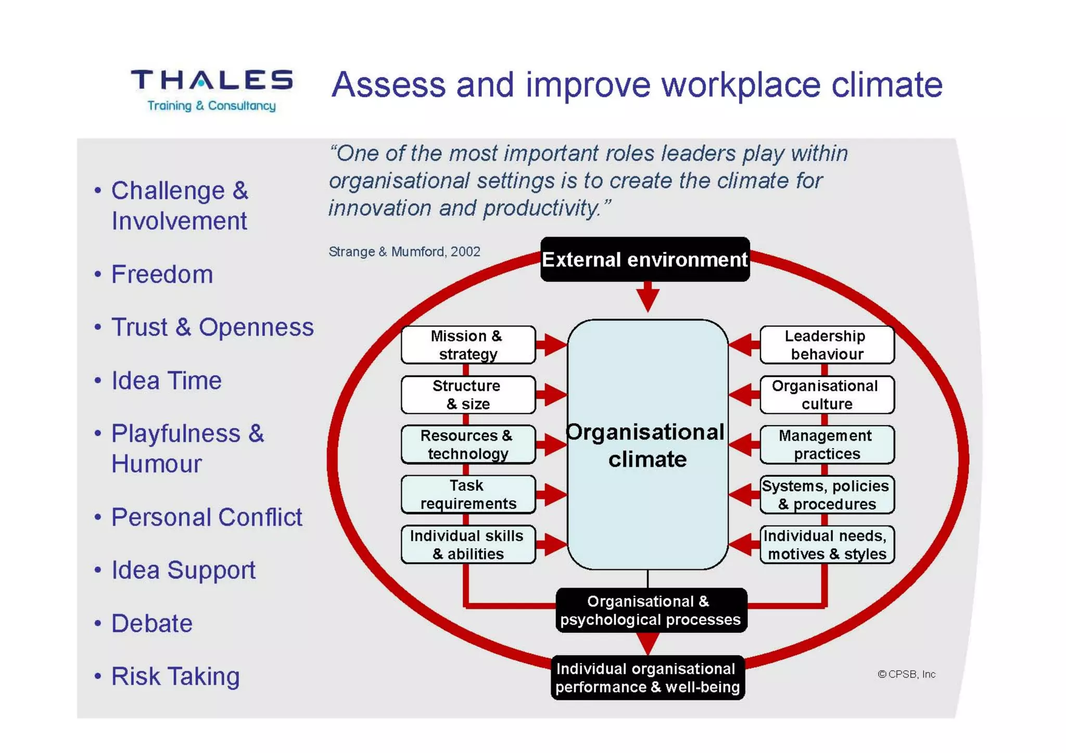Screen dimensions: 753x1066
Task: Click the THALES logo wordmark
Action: click(x=211, y=81)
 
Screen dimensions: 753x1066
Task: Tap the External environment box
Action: click(x=644, y=259)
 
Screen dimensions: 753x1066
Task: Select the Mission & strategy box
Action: click(x=467, y=344)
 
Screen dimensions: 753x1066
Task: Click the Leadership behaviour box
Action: click(x=827, y=344)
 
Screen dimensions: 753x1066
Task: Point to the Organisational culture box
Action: click(x=827, y=394)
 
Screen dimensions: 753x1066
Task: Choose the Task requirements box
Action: click(x=467, y=494)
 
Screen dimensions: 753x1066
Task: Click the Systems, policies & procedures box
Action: click(x=827, y=494)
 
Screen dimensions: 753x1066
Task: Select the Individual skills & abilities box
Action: click(x=467, y=544)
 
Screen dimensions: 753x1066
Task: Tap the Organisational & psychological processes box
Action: click(x=651, y=610)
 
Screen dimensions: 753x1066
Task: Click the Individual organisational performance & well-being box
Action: click(x=647, y=678)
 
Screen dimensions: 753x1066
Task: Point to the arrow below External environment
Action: click(x=648, y=297)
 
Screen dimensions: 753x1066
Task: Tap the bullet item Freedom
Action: click(x=162, y=274)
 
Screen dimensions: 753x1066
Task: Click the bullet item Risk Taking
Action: click(x=175, y=677)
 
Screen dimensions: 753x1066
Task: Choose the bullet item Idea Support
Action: click(x=183, y=570)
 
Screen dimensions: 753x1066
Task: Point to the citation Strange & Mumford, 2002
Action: click(x=404, y=252)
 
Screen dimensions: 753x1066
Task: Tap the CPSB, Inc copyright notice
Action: click(x=906, y=674)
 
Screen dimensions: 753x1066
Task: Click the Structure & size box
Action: click(x=467, y=394)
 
